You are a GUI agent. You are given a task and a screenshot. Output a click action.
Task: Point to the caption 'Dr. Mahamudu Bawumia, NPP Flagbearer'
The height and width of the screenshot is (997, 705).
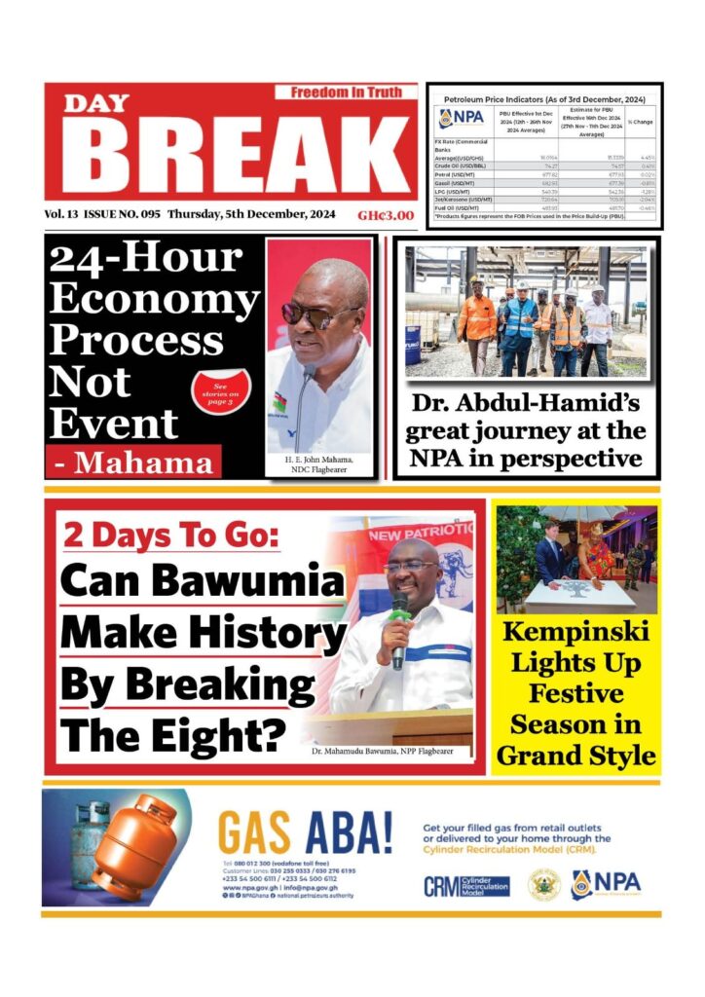(x=390, y=753)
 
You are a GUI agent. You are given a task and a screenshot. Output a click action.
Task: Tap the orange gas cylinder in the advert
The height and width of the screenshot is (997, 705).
(x=136, y=846)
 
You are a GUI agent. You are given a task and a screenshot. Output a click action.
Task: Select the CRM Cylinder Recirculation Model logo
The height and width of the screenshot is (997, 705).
(x=466, y=886)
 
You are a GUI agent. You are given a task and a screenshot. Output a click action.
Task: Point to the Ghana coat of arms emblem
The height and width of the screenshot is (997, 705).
(x=543, y=884)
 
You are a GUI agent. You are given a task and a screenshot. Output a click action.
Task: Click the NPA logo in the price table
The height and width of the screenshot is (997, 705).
(x=461, y=118)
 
